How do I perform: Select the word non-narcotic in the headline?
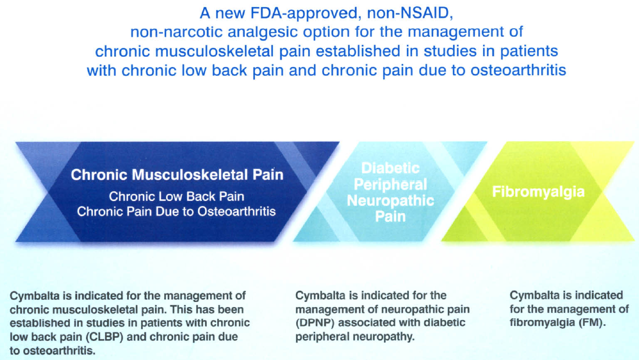(x=168, y=31)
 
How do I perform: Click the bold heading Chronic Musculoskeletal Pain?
(x=177, y=175)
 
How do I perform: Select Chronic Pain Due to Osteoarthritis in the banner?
(x=177, y=211)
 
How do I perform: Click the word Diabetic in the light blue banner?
(x=390, y=168)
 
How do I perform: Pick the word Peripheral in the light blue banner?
(x=390, y=185)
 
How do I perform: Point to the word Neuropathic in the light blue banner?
(x=390, y=201)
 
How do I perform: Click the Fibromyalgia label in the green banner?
(x=538, y=192)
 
